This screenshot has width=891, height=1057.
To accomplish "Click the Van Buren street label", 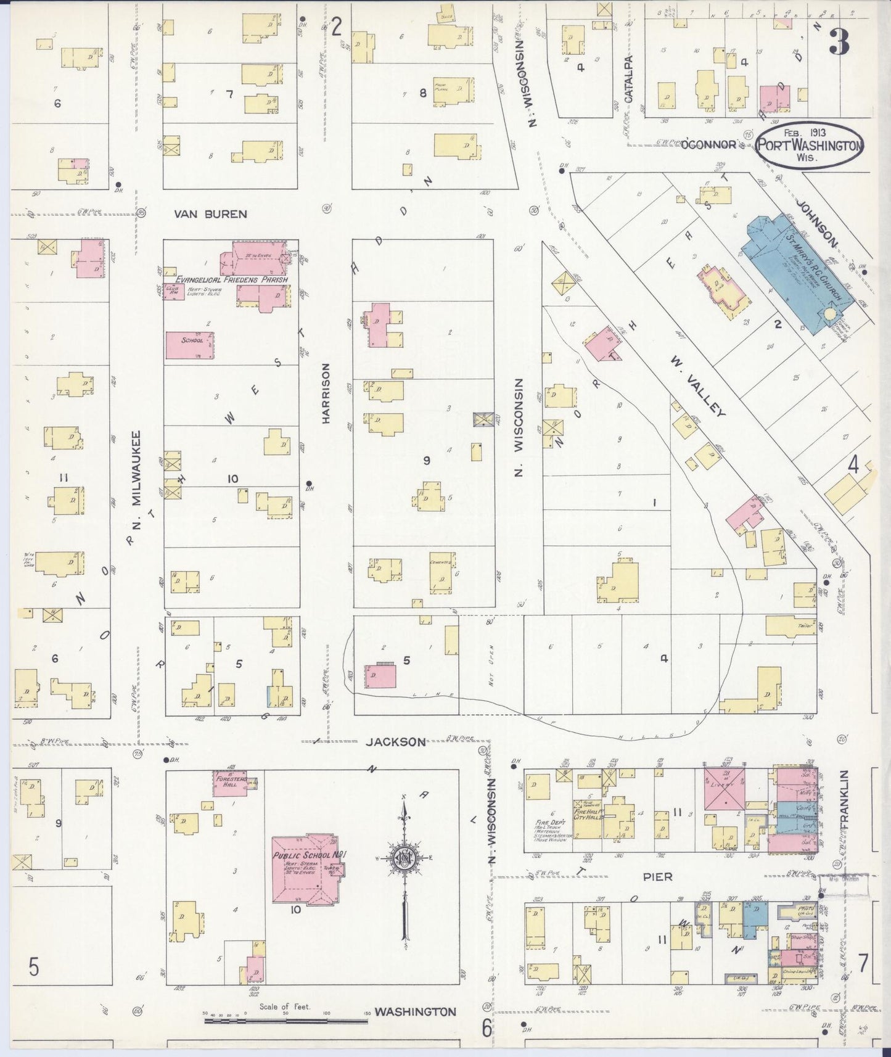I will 210,214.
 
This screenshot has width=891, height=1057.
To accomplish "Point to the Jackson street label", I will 395,742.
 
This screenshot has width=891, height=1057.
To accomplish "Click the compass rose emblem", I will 404,859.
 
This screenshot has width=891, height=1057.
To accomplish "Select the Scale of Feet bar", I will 286,1021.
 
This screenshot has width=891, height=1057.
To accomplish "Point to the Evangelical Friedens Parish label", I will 231,279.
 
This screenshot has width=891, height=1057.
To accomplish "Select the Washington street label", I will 415,1011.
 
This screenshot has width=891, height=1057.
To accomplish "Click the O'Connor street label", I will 708,144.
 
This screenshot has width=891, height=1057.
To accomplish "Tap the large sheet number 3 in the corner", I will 839,42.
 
